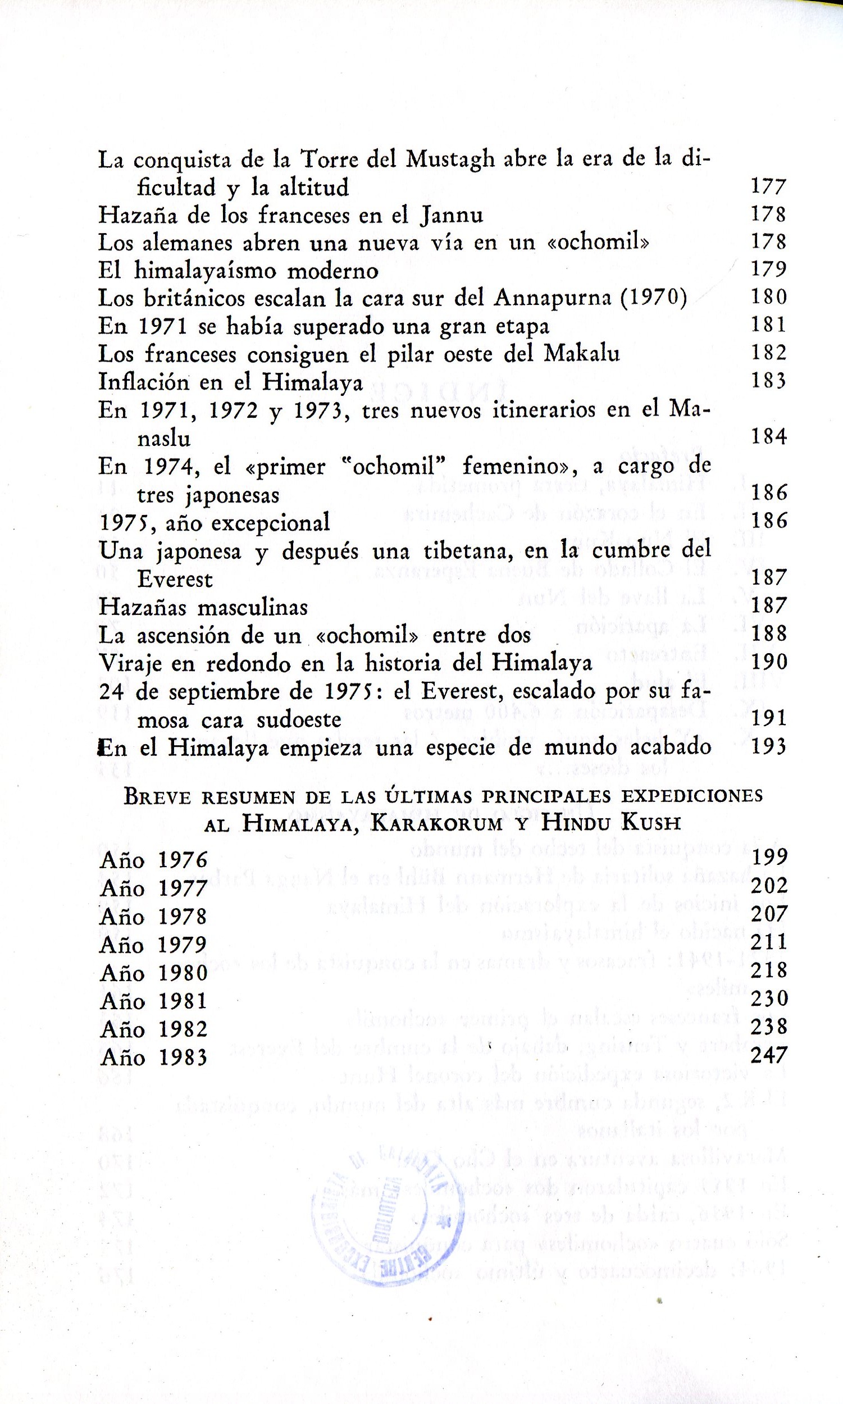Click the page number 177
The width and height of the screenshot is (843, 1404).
coord(768,186)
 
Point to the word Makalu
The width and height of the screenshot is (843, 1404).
coord(582,353)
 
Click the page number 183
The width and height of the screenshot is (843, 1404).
coord(768,381)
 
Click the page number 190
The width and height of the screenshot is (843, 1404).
coord(768,662)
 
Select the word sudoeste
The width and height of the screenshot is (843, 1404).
coord(299,719)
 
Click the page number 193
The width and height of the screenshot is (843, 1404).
coord(768,746)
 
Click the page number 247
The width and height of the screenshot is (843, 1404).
coord(768,1055)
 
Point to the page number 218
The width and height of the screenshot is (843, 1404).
coord(768,970)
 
